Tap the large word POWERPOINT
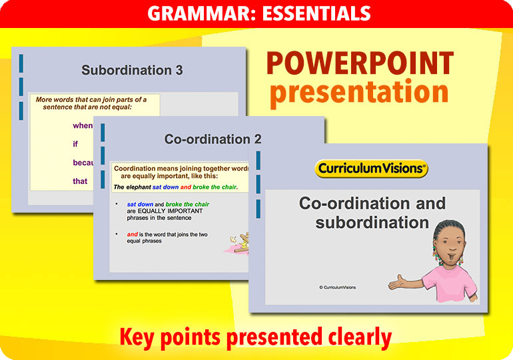360,64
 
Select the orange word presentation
359,93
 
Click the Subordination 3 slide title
132,70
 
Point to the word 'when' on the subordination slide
83,125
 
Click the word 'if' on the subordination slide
76,143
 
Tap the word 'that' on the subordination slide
80,181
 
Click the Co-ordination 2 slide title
213,139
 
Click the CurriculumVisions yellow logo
371,169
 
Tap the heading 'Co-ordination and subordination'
372,213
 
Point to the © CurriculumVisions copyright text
337,287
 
